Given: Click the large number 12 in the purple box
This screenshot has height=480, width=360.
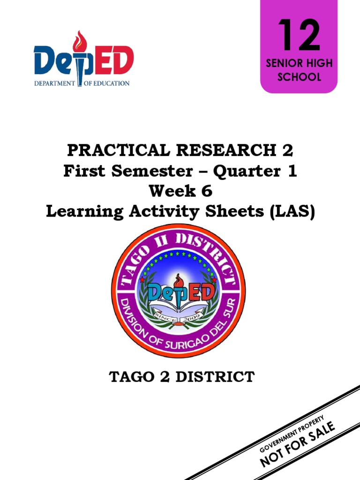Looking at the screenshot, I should pos(299,36).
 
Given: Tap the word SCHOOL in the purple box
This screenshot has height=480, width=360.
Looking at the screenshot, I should pos(299,77).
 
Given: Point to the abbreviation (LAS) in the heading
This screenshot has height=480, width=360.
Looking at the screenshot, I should pos(290,211).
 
